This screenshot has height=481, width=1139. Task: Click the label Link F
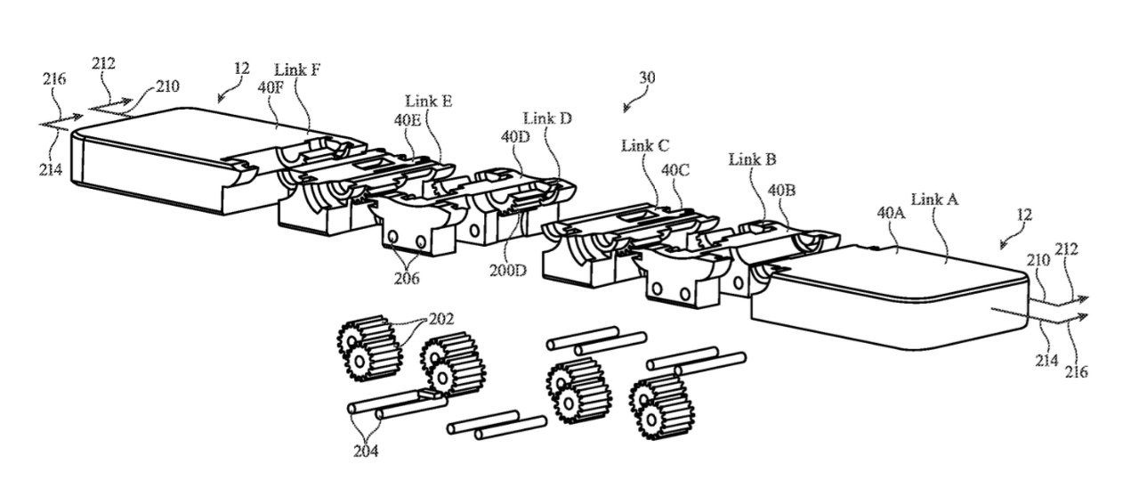(x=297, y=69)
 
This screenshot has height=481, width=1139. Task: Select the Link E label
(x=428, y=102)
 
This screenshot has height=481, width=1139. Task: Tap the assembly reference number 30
(x=647, y=78)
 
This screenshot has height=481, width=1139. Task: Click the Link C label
(x=646, y=145)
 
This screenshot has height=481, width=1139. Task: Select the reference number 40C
(x=675, y=167)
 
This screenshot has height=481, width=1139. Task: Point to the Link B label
(x=752, y=159)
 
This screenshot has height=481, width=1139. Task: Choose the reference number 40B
(x=781, y=189)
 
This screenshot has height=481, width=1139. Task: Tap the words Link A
(x=933, y=200)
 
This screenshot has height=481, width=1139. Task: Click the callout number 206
(x=408, y=277)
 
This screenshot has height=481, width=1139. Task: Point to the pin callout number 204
(x=365, y=450)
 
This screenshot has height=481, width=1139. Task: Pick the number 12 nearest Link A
(x=1023, y=215)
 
